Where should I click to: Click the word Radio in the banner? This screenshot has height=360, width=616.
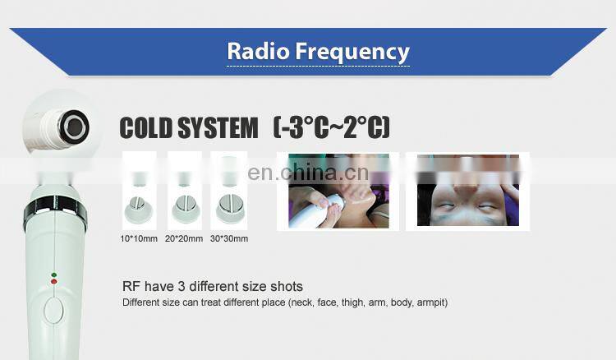[254, 51]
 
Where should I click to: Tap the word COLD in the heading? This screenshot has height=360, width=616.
[148, 128]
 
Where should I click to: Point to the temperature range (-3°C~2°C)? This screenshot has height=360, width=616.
[331, 128]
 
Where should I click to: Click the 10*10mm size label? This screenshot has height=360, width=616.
[138, 239]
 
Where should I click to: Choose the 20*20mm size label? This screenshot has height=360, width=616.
[184, 239]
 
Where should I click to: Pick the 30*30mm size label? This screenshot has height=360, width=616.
[229, 239]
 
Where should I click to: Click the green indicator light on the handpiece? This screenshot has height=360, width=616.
[54, 275]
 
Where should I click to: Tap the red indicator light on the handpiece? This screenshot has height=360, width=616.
[54, 282]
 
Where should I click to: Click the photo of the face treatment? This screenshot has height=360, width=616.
[467, 192]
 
